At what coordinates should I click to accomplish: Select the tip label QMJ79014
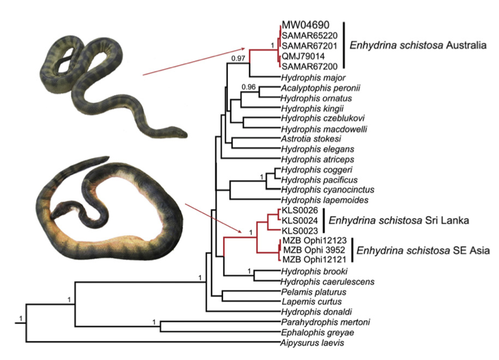click(303, 56)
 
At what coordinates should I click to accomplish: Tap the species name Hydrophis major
click(308, 77)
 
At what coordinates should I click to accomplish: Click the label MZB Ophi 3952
click(309, 250)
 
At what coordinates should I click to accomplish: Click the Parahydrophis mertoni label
click(316, 322)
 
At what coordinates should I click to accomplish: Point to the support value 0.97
click(238, 58)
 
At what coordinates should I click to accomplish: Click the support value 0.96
click(249, 86)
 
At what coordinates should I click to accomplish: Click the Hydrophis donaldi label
click(310, 312)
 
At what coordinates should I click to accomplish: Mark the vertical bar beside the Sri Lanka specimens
click(322, 220)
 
